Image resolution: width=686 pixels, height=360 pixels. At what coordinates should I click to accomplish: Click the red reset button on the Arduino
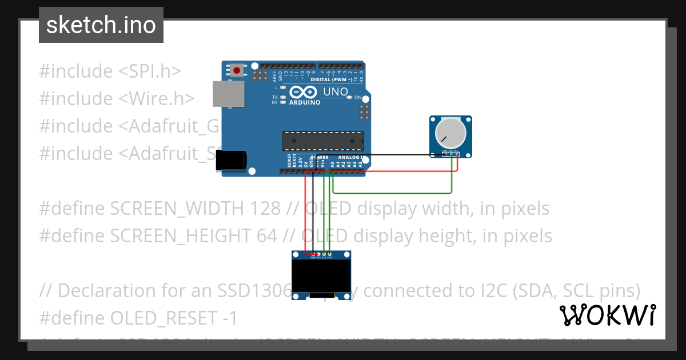tap(236, 71)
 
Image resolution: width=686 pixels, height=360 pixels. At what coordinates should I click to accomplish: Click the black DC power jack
tap(230, 161)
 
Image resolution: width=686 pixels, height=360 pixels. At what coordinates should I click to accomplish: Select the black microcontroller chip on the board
tap(323, 141)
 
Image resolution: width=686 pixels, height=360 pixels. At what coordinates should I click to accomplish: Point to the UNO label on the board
tap(336, 92)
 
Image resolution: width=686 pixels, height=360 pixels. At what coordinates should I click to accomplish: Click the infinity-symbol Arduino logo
tap(302, 92)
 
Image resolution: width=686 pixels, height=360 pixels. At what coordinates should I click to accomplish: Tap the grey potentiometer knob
tap(450, 133)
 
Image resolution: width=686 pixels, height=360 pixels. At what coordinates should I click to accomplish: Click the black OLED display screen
tap(321, 277)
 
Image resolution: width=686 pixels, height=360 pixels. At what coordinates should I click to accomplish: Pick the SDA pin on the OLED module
tap(330, 254)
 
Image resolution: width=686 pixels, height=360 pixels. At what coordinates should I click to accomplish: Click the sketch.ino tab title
tap(101, 25)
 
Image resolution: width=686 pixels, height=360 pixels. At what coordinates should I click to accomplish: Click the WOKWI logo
tap(608, 315)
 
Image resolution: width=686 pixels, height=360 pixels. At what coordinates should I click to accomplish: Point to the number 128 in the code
tap(265, 209)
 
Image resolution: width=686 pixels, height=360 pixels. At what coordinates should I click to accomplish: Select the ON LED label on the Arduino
tap(358, 98)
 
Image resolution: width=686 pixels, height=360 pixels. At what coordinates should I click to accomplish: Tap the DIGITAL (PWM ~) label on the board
tap(332, 79)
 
